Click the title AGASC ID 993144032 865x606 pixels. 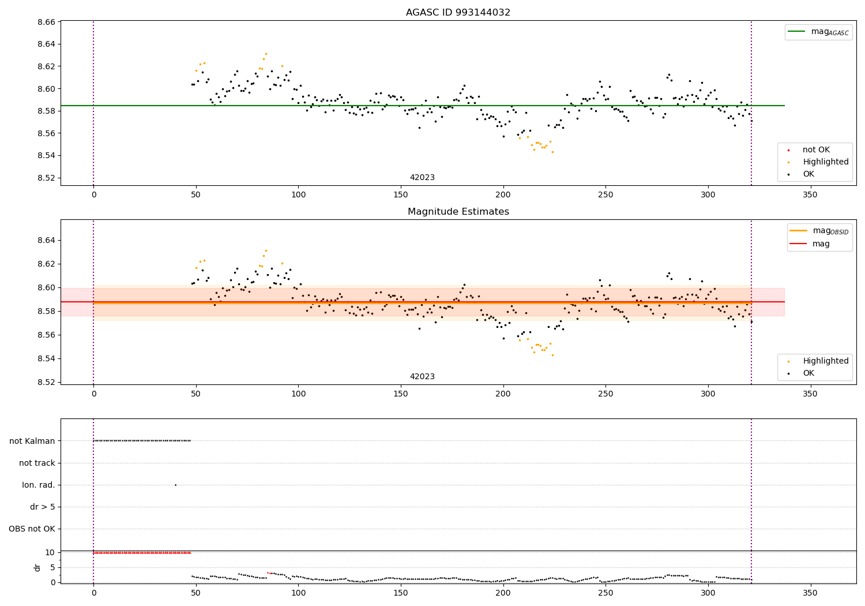point(458,13)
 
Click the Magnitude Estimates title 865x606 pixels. point(458,212)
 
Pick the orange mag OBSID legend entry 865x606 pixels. point(819,231)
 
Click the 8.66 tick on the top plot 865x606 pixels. point(46,22)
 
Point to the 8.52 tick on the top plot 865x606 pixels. point(46,178)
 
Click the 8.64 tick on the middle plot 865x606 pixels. point(46,240)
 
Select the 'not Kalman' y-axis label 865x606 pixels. point(32,441)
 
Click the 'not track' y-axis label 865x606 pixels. point(37,463)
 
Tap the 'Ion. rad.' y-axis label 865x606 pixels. point(39,485)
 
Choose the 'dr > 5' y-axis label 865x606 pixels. point(43,507)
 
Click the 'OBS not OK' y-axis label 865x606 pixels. point(32,529)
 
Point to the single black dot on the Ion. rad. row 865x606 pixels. point(175,485)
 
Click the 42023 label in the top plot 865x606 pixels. point(422,178)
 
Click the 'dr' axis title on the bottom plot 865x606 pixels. point(37,567)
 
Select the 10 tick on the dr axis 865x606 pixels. point(50,552)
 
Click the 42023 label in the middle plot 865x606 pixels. point(422,377)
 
